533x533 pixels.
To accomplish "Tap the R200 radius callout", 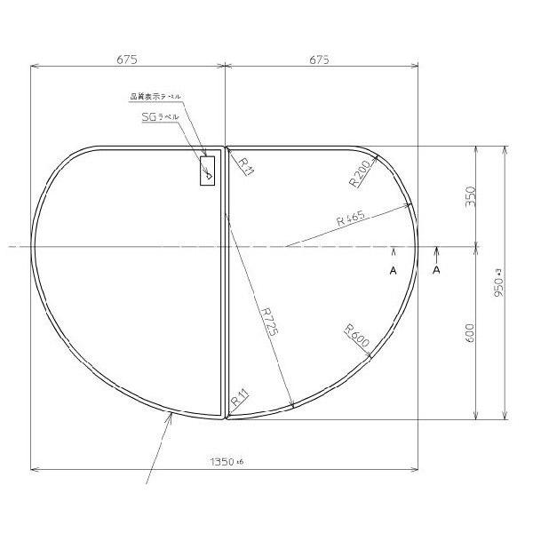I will coord(360,174).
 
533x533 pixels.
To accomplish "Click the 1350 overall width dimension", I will coord(225,461).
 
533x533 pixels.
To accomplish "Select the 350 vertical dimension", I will coord(471,195).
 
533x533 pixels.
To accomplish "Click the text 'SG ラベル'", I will coord(161,116).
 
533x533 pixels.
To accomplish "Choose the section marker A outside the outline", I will coord(436,271).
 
